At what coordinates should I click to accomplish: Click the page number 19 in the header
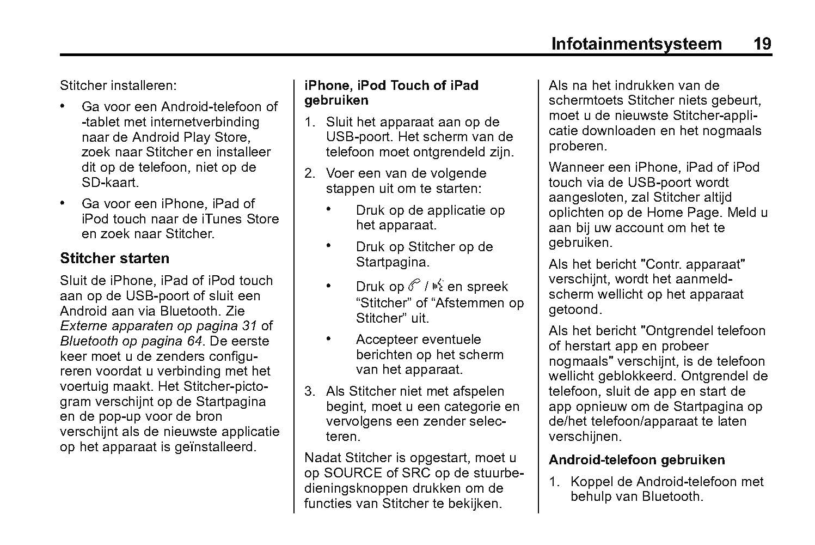tap(762, 44)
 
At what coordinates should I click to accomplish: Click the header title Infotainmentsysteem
tap(636, 44)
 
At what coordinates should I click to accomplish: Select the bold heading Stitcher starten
tap(114, 258)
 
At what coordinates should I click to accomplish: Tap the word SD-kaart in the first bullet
tap(110, 183)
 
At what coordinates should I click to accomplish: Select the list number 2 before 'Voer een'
tap(309, 174)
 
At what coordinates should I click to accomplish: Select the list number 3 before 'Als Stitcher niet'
tap(309, 391)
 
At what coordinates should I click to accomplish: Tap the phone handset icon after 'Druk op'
tap(413, 286)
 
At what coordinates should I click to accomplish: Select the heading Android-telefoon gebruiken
tap(636, 460)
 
